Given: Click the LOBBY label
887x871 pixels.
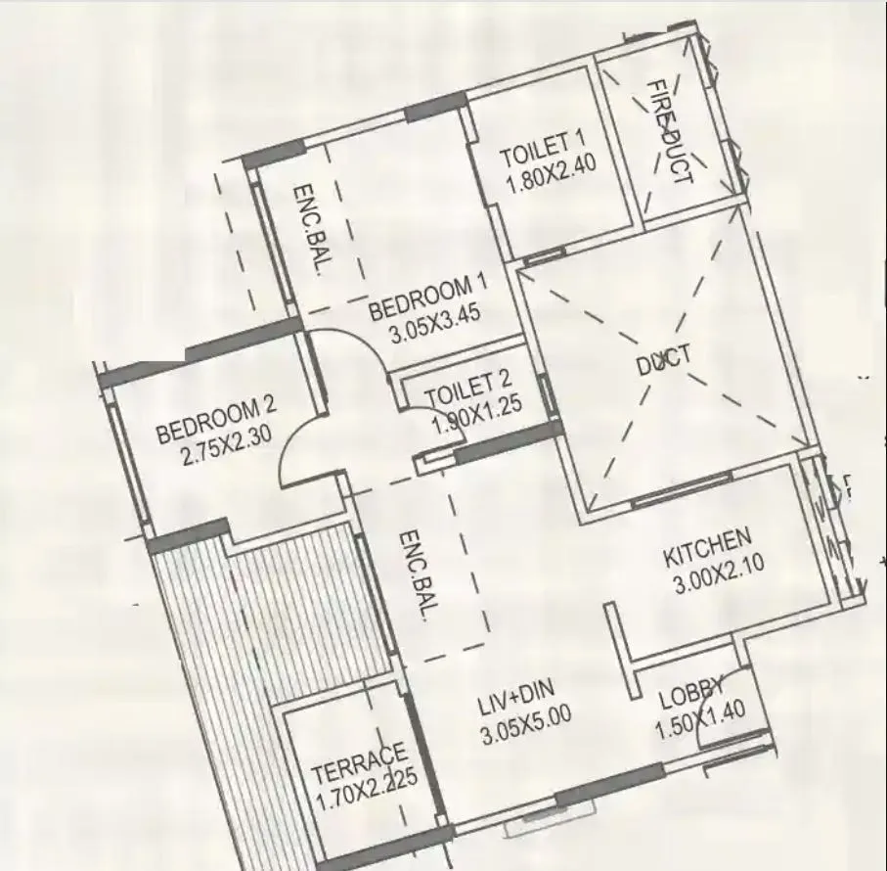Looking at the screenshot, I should (x=690, y=694).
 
